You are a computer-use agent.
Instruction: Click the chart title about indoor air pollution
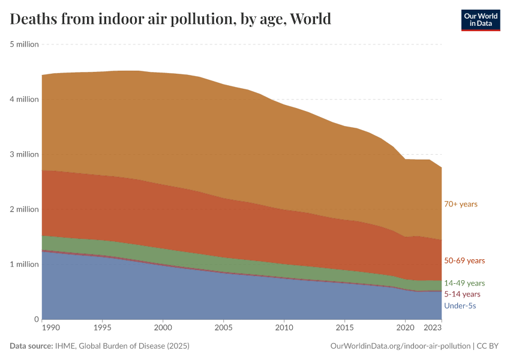tap(170, 19)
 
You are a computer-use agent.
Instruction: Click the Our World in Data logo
tap(480, 20)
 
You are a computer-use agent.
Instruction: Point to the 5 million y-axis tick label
tap(25, 44)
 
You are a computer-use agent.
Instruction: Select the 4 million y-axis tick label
tap(25, 99)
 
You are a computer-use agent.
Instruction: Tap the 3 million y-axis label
tap(25, 154)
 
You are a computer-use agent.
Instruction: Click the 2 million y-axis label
tap(25, 209)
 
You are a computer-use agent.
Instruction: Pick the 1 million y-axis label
tap(25, 264)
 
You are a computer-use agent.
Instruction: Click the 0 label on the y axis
tap(36, 319)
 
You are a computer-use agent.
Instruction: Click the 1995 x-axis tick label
tap(103, 329)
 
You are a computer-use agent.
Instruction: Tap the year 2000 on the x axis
tap(163, 329)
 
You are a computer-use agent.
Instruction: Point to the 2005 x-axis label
tap(223, 329)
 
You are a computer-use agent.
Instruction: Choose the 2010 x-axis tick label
tap(284, 329)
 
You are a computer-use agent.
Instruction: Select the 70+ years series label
tap(460, 204)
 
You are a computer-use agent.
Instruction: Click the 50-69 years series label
tap(464, 261)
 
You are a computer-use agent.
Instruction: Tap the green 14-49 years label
tap(464, 283)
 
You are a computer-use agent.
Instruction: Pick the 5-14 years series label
tap(462, 295)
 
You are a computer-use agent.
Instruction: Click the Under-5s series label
tap(460, 306)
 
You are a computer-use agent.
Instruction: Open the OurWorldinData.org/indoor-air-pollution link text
tap(400, 346)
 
